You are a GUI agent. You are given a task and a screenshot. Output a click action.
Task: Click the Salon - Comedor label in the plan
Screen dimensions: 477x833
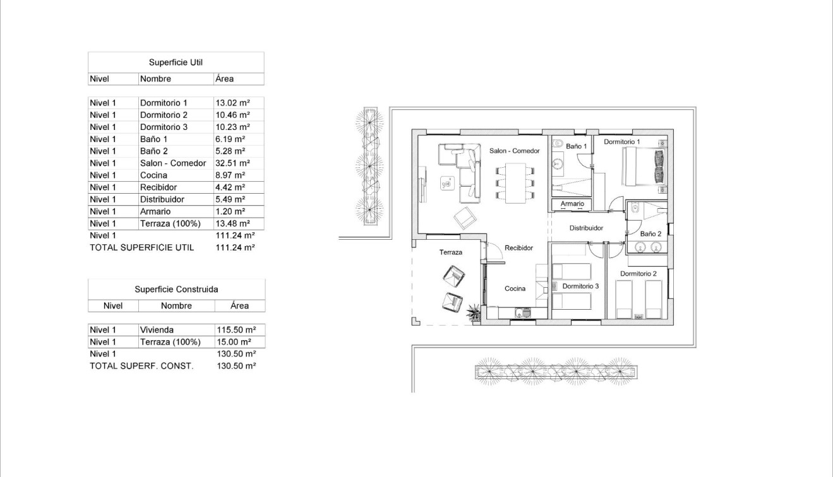tap(514, 151)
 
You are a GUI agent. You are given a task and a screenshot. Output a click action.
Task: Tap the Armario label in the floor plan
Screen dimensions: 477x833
tap(572, 204)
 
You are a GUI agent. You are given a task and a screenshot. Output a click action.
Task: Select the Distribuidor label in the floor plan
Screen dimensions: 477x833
tap(586, 228)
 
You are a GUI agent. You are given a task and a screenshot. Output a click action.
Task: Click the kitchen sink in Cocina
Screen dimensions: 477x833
tap(523, 311)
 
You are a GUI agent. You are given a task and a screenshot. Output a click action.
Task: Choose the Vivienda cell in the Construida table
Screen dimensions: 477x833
tap(157, 330)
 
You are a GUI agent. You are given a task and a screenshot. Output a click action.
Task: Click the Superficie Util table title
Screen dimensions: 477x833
tap(176, 62)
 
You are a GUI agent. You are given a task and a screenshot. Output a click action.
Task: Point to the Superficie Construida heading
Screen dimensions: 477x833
tap(176, 290)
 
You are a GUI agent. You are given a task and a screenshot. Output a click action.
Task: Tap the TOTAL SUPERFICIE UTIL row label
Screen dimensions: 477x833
tap(141, 248)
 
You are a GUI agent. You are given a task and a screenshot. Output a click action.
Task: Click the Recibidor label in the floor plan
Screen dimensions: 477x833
tap(519, 248)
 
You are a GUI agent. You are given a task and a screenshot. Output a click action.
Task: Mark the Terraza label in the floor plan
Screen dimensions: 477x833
tap(451, 252)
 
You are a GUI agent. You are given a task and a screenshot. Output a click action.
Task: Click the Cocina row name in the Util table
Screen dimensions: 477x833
tap(153, 175)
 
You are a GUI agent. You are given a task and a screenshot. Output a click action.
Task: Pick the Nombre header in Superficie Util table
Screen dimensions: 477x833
tap(155, 79)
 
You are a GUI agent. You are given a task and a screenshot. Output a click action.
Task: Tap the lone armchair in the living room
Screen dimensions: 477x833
tap(465, 218)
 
